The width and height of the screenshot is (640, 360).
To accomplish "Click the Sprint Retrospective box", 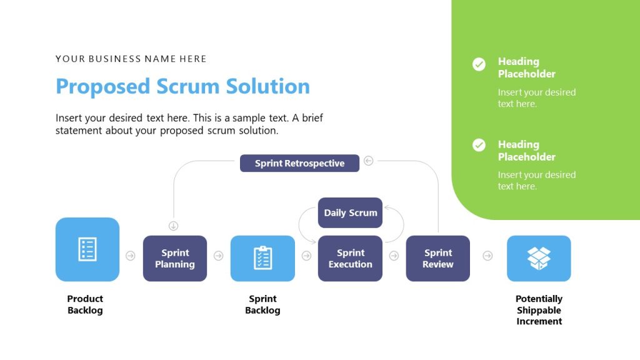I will [x=299, y=163].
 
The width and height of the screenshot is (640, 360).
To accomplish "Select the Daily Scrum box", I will [x=350, y=212].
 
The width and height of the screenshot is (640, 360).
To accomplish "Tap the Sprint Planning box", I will [x=175, y=258].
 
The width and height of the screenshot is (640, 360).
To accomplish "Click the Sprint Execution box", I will [x=350, y=258].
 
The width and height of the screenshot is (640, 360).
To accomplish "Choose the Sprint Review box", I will [x=437, y=258].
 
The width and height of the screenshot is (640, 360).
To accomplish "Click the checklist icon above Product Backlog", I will [x=87, y=249].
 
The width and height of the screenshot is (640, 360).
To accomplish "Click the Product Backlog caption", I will [x=85, y=304].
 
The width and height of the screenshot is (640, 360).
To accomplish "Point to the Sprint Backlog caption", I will [x=262, y=304].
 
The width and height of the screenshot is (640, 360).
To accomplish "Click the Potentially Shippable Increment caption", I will [x=539, y=310].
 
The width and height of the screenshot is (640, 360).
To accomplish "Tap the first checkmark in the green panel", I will [x=479, y=64].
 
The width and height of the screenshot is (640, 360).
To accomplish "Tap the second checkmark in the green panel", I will [x=479, y=145].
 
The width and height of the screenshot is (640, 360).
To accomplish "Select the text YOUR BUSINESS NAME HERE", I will [x=131, y=59].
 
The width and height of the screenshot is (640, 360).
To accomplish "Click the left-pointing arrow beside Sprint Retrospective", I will [x=368, y=161].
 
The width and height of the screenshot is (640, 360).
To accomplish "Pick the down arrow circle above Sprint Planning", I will [x=174, y=226].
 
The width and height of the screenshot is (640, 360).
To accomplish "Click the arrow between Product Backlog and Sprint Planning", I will [x=131, y=256].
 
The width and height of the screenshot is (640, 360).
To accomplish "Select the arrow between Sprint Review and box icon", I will [x=487, y=256].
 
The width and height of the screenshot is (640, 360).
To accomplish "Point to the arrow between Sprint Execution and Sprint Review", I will [x=394, y=256].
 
